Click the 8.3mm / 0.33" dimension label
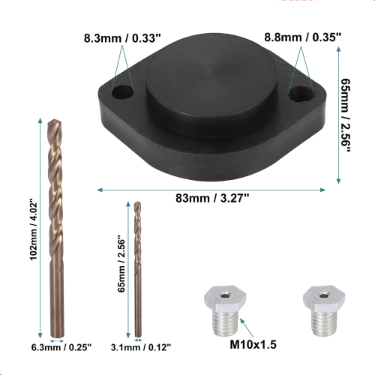point(122,38)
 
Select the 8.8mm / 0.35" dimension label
point(303,37)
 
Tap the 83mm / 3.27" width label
point(212,198)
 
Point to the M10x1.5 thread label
point(253,344)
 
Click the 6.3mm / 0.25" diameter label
point(61,347)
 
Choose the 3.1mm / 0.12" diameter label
point(141,347)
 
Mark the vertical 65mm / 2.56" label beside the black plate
point(346,115)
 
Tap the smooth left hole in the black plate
point(121,91)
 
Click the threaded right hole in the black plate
point(301,93)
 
